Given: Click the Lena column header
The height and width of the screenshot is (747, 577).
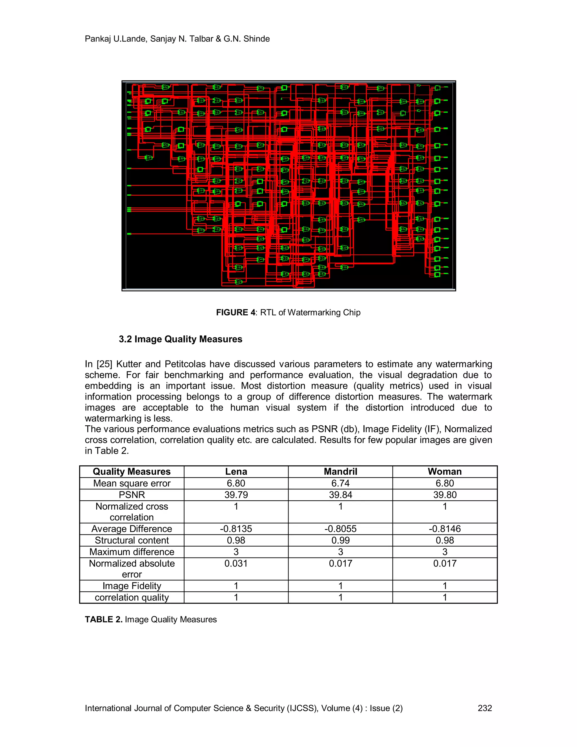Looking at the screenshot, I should point(236,471).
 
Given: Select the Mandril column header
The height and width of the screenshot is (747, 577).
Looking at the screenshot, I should point(340,471).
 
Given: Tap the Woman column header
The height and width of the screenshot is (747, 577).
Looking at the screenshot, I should point(444,471).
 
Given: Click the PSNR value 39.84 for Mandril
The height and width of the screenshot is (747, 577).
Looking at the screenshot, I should point(340,495).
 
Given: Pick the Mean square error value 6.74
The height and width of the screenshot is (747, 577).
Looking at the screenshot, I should point(340,483).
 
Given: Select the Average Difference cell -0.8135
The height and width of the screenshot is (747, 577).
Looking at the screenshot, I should point(236,529).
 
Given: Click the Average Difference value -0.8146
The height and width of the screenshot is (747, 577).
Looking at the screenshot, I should point(444,529).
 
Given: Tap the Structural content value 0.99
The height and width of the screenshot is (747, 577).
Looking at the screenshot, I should point(340,540).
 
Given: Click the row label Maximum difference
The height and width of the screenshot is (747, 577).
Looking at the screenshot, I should point(132,552).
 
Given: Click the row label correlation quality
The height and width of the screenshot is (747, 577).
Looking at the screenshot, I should point(132,597).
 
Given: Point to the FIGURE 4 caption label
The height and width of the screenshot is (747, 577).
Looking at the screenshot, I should point(236,312).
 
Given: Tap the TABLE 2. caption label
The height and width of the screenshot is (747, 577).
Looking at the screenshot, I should point(104,619).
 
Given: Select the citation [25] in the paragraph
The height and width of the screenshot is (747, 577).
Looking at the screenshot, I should point(104,364).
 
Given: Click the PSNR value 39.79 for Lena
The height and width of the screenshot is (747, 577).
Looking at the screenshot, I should point(236,495).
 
